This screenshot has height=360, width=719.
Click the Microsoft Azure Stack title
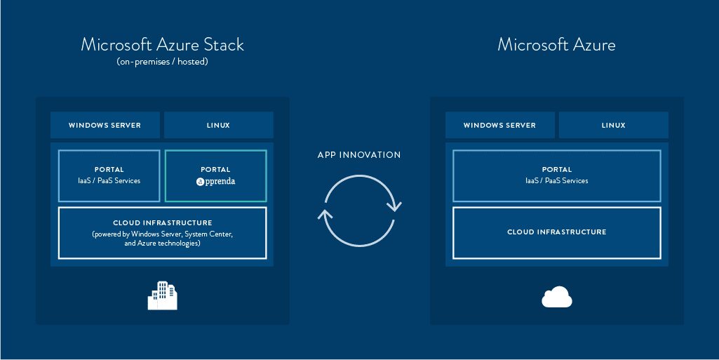tap(162, 45)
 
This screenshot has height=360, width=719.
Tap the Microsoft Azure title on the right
tap(556, 45)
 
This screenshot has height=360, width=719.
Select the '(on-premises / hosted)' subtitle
tap(162, 62)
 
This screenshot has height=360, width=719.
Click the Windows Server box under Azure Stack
tap(105, 126)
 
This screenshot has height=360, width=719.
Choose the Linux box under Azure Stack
tap(218, 126)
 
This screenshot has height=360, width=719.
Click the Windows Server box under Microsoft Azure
tap(499, 126)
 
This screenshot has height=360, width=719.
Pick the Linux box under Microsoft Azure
tap(613, 126)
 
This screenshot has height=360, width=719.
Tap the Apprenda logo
tap(215, 181)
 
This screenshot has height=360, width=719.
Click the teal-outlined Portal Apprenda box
tap(215, 175)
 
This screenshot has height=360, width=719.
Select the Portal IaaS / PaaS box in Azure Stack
tap(109, 175)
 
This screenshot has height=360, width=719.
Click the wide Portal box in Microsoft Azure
tap(556, 175)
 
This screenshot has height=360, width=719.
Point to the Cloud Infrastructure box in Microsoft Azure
tap(556, 232)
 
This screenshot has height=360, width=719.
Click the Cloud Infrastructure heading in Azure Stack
tap(162, 223)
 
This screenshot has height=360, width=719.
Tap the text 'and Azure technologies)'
tap(162, 244)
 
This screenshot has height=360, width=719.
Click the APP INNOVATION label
tap(359, 155)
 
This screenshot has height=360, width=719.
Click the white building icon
tap(162, 295)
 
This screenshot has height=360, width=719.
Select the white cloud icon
tap(557, 298)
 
